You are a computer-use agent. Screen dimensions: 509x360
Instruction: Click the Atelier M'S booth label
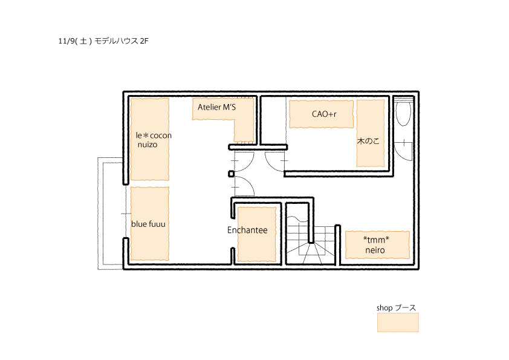click(217, 107)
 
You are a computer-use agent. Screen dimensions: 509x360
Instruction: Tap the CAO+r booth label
click(324, 114)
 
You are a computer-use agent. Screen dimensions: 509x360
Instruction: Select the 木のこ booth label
click(368, 141)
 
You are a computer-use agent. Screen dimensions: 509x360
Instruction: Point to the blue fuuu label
click(148, 224)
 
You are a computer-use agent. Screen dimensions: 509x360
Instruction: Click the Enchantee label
click(247, 230)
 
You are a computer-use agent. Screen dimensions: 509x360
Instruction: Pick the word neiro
click(375, 250)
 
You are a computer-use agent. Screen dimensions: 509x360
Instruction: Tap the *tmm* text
click(376, 240)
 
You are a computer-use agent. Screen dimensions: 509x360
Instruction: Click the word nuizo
click(148, 145)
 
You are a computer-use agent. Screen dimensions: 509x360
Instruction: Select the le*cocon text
click(154, 136)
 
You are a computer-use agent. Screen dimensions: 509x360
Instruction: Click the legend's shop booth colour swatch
click(398, 322)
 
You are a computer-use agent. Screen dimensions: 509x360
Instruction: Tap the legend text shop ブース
click(396, 308)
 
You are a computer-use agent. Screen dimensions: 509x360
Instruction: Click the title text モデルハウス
click(116, 41)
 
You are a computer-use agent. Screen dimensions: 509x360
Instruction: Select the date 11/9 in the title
click(66, 41)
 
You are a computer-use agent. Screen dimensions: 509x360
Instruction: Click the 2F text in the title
click(144, 41)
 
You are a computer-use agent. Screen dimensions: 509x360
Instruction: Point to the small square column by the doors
click(231, 174)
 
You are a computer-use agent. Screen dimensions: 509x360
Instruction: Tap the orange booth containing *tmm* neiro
click(377, 245)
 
